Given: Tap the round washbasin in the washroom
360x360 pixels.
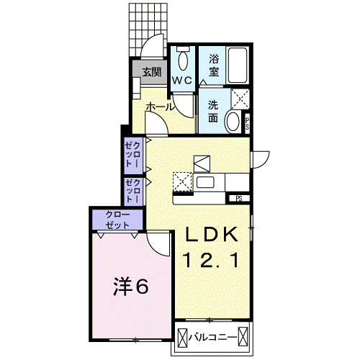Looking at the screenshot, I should [x=233, y=122].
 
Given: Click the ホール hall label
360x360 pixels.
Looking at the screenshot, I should [x=160, y=107].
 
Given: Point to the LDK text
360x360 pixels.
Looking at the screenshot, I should [x=213, y=235].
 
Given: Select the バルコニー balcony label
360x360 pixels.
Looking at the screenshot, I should [x=217, y=336].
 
